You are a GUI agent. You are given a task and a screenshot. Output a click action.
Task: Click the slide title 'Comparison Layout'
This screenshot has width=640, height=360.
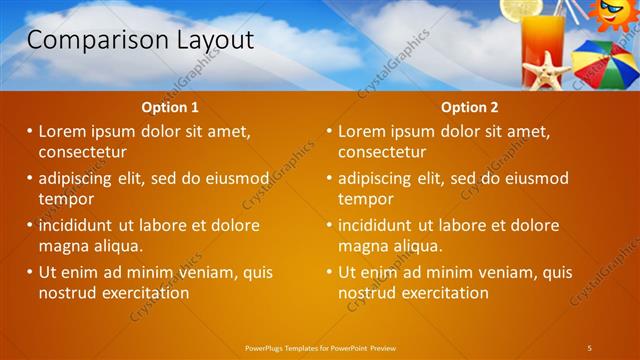(140, 40)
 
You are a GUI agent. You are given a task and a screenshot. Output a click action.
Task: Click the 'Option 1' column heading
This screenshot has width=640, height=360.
(171, 107)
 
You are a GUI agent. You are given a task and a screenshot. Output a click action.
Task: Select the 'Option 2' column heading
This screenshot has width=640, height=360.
(469, 107)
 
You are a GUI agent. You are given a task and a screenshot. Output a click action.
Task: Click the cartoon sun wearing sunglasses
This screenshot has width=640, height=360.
(610, 14)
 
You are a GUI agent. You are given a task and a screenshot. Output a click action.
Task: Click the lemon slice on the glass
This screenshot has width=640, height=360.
(521, 9)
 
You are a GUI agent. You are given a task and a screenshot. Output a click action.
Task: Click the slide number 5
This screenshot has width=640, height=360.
(590, 347)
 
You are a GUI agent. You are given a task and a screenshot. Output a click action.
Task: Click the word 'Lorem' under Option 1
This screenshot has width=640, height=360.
(63, 131)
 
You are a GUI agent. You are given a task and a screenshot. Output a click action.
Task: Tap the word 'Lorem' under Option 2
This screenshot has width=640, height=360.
(363, 131)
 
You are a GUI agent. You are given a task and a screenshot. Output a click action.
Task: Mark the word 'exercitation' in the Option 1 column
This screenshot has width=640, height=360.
(139, 293)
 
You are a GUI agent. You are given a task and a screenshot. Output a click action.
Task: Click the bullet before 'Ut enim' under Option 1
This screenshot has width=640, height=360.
(29, 272)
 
